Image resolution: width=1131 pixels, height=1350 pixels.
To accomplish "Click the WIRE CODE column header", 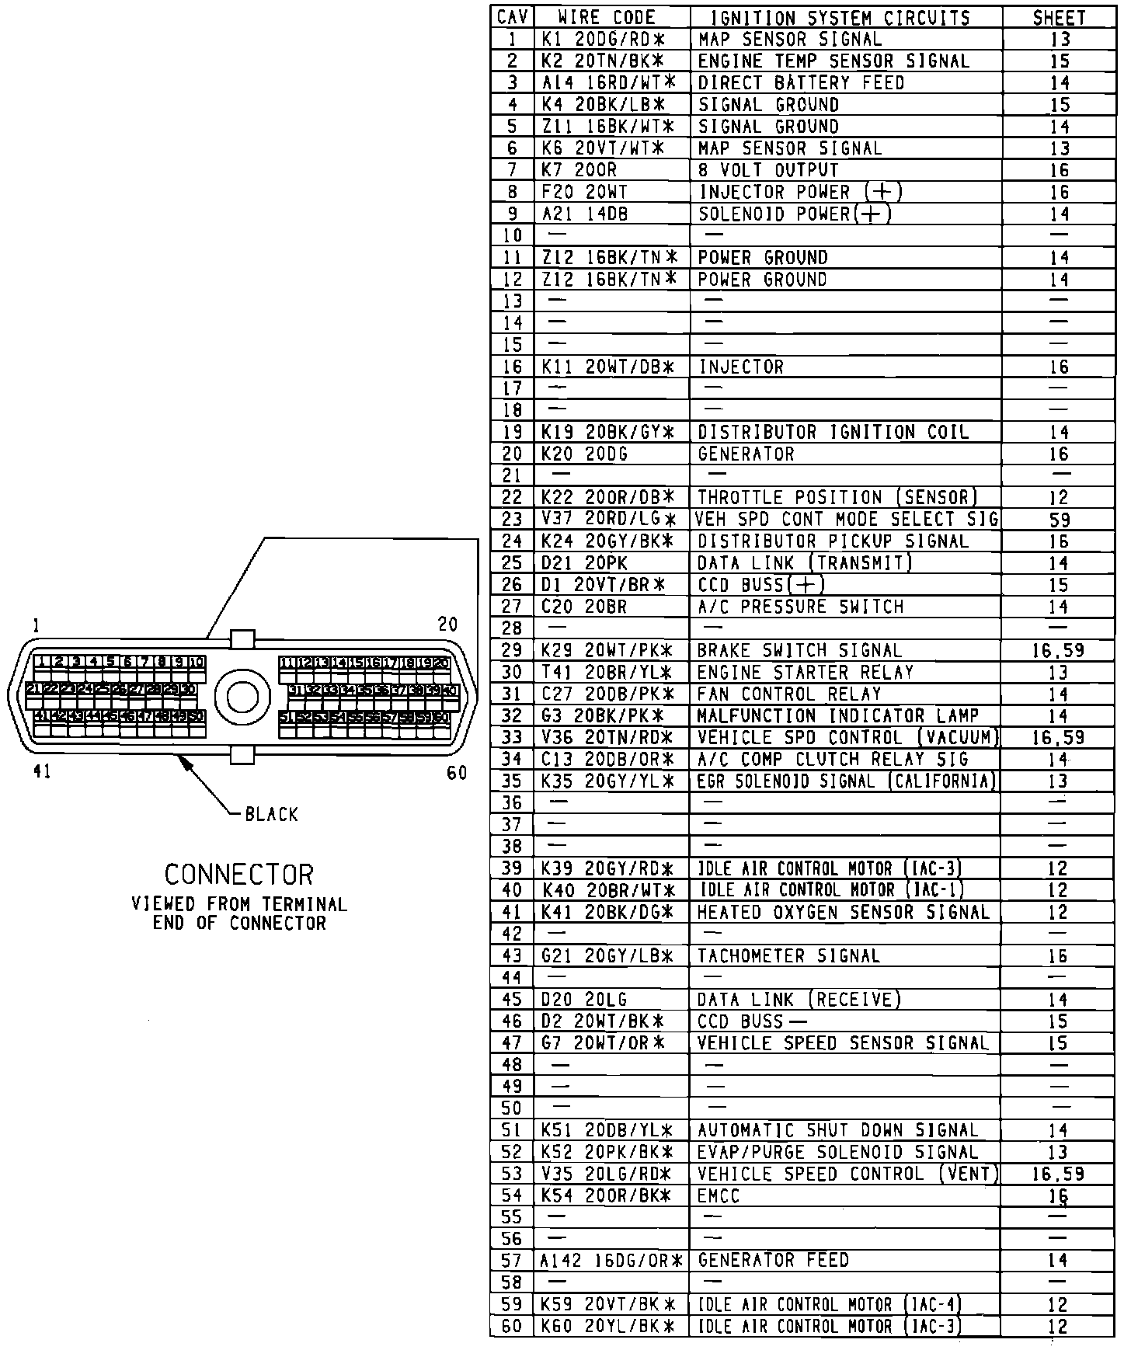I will pos(607,17).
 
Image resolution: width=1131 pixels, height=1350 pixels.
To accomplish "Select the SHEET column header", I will pos(1059,17).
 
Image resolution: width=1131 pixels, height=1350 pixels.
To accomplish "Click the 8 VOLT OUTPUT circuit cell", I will pos(768,170).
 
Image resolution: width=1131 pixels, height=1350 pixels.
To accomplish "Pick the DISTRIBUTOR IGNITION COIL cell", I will pos(833,432).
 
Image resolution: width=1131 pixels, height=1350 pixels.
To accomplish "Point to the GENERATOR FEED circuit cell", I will pos(773,1260).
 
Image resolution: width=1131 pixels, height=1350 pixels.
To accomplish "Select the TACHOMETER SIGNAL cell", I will pos(788,955).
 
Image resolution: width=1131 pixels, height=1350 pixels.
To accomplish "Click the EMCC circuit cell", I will pos(719,1195).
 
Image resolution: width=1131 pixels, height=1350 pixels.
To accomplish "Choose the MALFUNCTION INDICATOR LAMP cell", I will pos(837,715).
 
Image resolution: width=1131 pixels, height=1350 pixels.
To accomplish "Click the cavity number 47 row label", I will pos(512,1043).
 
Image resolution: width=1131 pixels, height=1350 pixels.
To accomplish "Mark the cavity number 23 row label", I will pos(512,519).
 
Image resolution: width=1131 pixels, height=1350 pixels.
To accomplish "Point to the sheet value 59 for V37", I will pos(1059,519).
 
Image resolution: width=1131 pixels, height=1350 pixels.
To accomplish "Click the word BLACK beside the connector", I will pos(271,814).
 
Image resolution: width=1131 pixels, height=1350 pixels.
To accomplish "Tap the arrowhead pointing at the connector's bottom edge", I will pos(186,763).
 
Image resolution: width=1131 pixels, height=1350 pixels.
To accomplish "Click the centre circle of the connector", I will pos(242,697).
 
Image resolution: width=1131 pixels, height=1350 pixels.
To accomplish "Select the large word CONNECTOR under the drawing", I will pos(238,875).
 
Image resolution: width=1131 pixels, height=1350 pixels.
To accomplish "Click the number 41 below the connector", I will pos(42,771).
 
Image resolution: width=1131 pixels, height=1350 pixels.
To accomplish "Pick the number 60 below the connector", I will pos(457,772).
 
